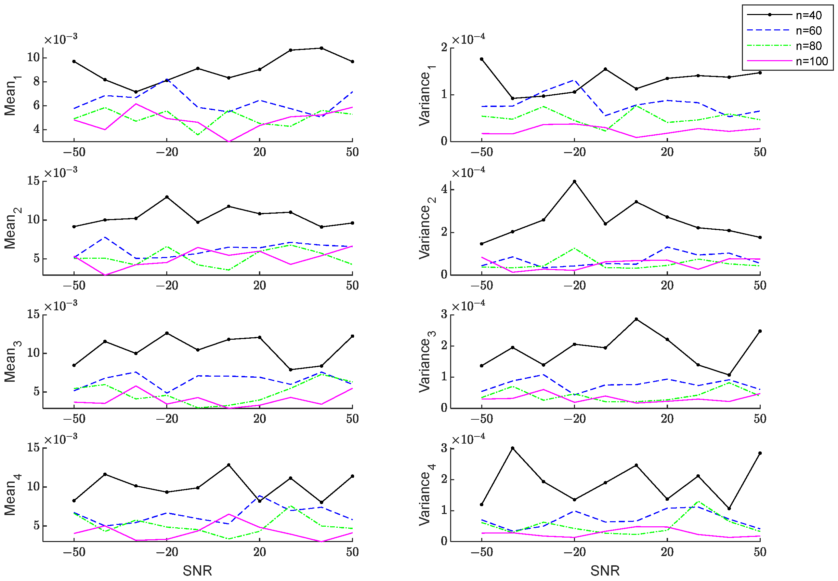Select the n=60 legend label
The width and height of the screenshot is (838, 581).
(x=809, y=30)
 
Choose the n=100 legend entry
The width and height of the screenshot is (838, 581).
(x=787, y=61)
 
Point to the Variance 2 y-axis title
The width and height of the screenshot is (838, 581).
(x=426, y=228)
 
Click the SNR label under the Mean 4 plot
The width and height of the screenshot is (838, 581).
(x=197, y=571)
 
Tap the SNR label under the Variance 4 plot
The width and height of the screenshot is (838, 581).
(x=605, y=571)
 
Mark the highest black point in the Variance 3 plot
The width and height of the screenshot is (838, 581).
(x=636, y=319)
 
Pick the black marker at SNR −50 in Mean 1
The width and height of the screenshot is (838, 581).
(x=74, y=62)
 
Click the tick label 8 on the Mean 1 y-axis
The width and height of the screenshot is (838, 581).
(x=37, y=81)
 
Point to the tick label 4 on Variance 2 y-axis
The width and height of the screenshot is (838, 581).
(x=444, y=189)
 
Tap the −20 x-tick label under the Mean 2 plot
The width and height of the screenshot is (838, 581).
(x=167, y=285)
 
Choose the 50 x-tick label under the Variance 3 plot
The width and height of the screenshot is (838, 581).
(x=760, y=419)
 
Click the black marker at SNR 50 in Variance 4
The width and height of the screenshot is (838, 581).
(x=760, y=453)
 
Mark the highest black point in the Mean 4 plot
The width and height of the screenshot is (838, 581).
(x=228, y=465)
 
